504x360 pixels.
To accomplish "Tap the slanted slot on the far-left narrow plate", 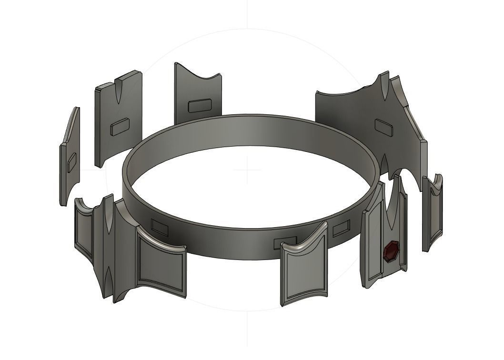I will click(71, 162).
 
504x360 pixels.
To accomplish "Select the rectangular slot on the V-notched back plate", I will click(119, 127).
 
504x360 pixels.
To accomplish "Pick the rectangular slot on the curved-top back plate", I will click(199, 106).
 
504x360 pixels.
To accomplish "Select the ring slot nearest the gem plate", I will click(341, 229).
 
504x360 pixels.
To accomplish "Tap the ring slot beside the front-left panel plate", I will click(159, 227).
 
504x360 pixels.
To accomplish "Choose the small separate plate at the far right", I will click(432, 214).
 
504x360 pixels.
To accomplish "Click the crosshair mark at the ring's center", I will click(248, 170).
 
